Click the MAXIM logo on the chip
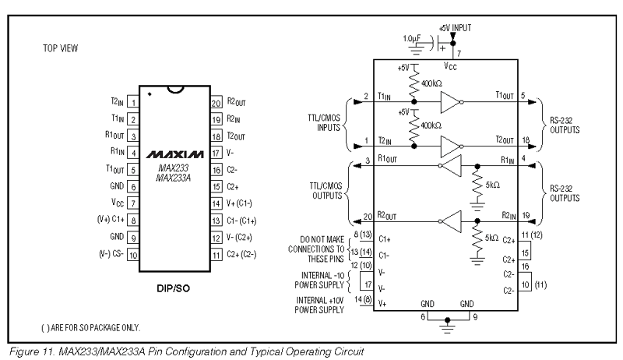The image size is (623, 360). click(174, 154)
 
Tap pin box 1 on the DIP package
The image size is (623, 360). click(133, 102)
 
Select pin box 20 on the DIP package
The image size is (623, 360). click(216, 103)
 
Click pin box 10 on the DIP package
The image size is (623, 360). click(133, 255)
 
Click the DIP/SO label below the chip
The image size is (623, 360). click(173, 288)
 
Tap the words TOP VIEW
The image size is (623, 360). click(61, 48)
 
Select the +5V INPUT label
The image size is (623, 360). click(455, 28)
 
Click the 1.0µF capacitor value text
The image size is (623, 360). click(412, 38)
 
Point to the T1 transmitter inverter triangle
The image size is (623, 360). click(450, 103)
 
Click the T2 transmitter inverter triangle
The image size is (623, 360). click(450, 146)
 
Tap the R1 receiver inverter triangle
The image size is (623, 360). click(452, 166)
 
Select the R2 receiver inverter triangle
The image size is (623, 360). click(452, 221)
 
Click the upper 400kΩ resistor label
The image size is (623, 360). click(432, 83)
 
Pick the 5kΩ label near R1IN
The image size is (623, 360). click(493, 185)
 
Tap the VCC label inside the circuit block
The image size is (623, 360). click(450, 66)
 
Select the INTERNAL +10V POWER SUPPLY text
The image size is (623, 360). click(320, 305)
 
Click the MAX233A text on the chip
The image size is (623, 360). click(173, 178)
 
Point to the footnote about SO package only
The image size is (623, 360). click(90, 328)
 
